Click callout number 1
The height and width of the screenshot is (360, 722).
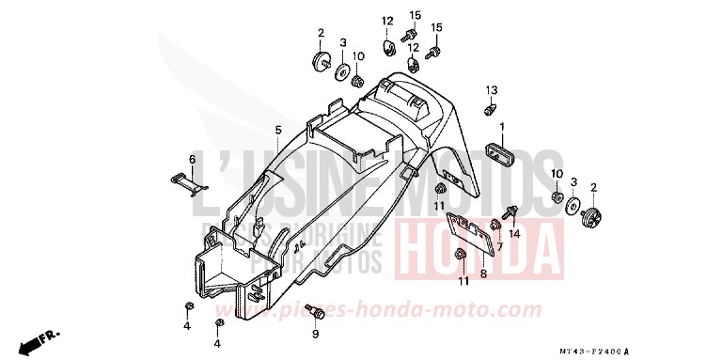(502, 126)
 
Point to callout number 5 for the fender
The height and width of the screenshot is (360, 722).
(251, 129)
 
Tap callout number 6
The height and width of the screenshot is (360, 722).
(192, 159)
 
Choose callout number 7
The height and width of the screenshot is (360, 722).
(500, 246)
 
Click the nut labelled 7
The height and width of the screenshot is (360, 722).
(494, 224)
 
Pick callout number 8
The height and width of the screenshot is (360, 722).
(483, 274)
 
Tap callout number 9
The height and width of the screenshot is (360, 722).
(316, 333)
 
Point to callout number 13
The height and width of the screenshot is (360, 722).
(490, 89)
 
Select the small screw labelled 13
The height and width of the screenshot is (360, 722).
(489, 110)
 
